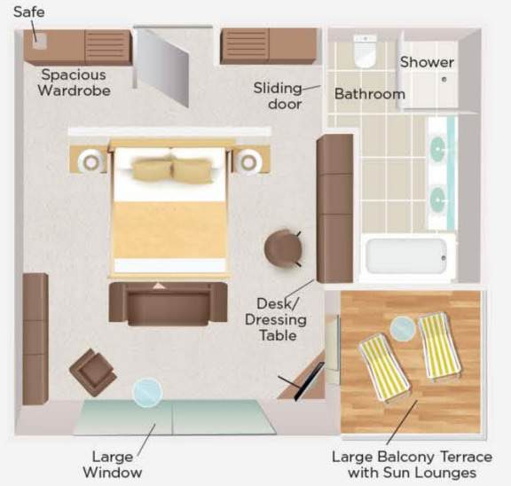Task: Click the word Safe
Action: [x=29, y=12]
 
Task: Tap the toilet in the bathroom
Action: [x=366, y=51]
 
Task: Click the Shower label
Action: [x=427, y=62]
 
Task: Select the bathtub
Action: [x=406, y=256]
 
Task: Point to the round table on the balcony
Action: [x=403, y=329]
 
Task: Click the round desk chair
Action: [x=283, y=248]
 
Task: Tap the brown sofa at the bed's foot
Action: [x=169, y=303]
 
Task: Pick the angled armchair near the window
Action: [x=93, y=372]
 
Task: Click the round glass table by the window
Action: [x=147, y=393]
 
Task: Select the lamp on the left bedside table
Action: [x=91, y=161]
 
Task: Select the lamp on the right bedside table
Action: [x=249, y=161]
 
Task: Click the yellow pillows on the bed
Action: [x=172, y=169]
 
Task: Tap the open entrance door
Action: [x=162, y=67]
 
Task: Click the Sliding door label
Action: [x=278, y=96]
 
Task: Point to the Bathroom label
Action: [x=370, y=94]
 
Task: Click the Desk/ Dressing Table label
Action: [x=275, y=319]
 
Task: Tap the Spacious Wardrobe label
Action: [x=74, y=82]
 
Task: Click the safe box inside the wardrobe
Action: [x=40, y=42]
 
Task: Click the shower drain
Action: [x=444, y=79]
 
